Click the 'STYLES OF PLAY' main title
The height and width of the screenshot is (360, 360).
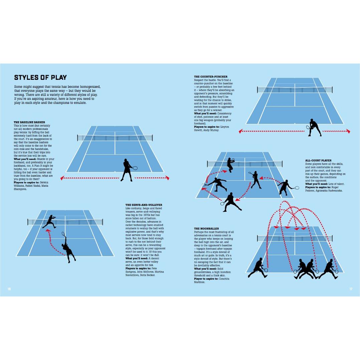pyautogui.click(x=40, y=77)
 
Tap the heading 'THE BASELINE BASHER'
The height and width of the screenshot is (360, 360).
pyautogui.click(x=29, y=122)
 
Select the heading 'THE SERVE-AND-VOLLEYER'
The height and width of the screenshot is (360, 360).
pyautogui.click(x=144, y=205)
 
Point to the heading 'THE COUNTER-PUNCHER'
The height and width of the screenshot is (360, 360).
pyautogui.click(x=211, y=77)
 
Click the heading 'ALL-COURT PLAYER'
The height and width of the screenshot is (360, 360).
pyautogui.click(x=318, y=161)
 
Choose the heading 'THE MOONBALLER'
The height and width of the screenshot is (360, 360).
pyautogui.click(x=206, y=229)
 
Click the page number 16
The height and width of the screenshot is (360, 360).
pyautogui.click(x=9, y=289)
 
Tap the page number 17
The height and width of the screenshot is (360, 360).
pyautogui.click(x=351, y=289)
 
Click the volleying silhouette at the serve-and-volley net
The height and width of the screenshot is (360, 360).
pyautogui.click(x=49, y=221)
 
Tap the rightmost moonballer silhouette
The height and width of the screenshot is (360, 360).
pyautogui.click(x=329, y=269)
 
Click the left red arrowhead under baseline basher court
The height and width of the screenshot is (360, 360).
pyautogui.click(x=62, y=178)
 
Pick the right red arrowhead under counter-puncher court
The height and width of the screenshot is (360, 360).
pyautogui.click(x=348, y=131)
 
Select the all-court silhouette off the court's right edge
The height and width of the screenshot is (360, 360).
pyautogui.click(x=286, y=187)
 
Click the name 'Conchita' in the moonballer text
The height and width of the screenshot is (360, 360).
pyautogui.click(x=224, y=279)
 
